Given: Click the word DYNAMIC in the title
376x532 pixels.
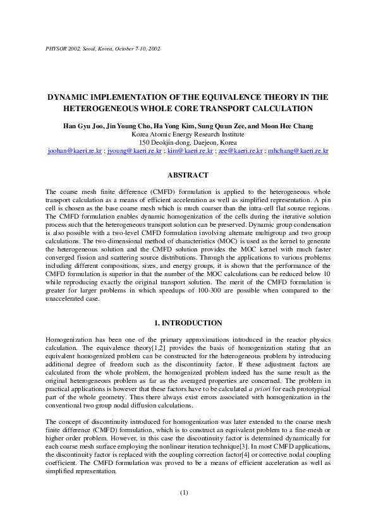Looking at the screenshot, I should point(70,97).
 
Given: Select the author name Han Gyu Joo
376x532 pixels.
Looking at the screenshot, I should point(83,126).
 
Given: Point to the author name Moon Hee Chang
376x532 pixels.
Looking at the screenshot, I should point(289,126).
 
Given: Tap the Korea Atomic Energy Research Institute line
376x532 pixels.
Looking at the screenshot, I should point(188,135).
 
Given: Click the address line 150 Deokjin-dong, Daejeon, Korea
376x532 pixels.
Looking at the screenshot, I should point(188,143).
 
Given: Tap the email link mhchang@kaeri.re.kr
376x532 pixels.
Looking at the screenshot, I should point(298,152).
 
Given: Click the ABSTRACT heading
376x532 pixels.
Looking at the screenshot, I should point(188,175).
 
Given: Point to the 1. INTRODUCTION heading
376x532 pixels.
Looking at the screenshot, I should point(188,323).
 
